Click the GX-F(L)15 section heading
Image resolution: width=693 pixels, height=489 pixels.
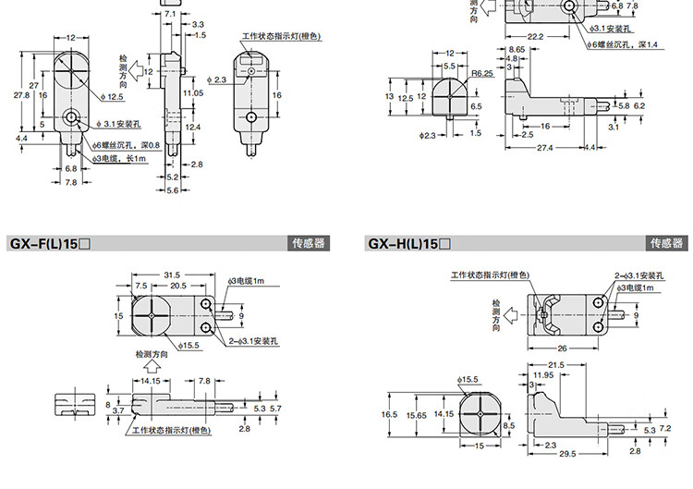point(49,244)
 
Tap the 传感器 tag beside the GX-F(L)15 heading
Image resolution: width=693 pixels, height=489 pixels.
point(309,244)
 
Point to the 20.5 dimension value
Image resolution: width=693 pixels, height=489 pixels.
point(179,287)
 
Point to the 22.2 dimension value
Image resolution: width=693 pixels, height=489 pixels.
point(535,36)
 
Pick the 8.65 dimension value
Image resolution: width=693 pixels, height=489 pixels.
point(517,48)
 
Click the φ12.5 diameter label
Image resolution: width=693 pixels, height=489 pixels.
point(115,96)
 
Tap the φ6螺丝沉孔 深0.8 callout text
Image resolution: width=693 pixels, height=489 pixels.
point(128,145)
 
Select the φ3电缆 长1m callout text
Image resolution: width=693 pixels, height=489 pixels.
point(122,158)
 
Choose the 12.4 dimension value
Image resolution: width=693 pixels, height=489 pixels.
point(192,126)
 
